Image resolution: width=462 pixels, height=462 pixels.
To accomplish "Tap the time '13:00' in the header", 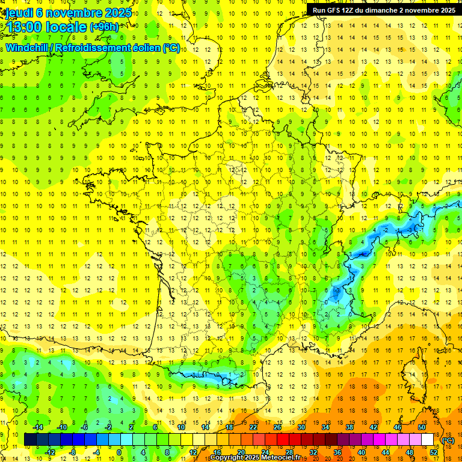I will (25, 27).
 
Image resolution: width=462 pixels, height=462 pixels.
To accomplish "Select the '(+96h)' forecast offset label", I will (104, 26).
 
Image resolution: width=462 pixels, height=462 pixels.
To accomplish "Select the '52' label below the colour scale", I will (434, 452).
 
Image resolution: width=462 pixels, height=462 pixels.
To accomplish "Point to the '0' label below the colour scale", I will (119, 452).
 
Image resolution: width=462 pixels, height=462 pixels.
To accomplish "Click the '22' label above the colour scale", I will (253, 427).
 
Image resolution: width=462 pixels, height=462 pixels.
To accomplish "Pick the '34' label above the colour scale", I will (325, 427).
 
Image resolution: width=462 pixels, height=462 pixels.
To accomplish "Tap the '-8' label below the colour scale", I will (72, 452).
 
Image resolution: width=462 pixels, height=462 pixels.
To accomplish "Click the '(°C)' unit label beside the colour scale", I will (448, 440).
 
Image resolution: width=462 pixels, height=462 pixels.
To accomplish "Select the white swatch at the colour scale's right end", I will (428, 440).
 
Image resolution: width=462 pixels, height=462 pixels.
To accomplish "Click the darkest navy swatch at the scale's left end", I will (31, 440).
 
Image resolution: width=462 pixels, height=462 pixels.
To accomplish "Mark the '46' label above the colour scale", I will (398, 427).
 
